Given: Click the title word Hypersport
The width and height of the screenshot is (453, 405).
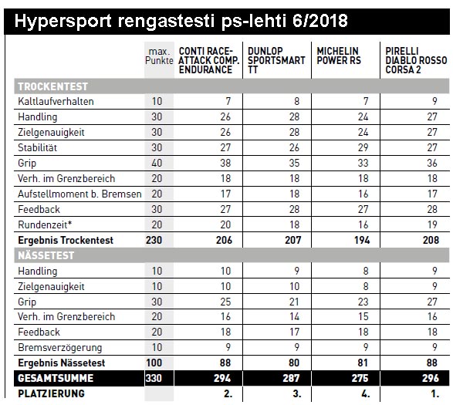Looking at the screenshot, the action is coord(63,22).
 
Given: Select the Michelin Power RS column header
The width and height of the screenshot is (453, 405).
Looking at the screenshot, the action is coord(339,56).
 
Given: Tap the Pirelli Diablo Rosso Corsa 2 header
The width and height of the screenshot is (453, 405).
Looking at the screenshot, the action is coord(416,60).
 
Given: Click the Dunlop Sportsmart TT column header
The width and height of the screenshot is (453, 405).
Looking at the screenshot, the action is coord(276,60).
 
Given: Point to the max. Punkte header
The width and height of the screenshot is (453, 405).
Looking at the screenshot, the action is coord(159,56).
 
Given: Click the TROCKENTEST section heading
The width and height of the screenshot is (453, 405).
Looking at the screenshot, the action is coord(53,86).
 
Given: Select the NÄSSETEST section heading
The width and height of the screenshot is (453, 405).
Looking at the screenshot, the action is coord(46,255).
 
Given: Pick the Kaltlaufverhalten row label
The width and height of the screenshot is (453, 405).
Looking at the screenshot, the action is coord(56,102).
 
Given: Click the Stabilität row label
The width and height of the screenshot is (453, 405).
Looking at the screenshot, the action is coord(38,148).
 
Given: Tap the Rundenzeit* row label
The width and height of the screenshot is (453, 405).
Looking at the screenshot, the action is coord(45,224).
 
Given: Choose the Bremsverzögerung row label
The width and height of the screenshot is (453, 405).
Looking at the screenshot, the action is coord(59,347).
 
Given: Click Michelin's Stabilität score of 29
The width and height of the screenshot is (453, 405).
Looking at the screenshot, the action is coord(363,147).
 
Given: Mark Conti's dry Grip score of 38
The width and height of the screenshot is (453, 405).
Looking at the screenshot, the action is coord(225,163).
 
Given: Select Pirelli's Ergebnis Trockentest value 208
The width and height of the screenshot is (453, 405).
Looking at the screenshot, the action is coord(431,240).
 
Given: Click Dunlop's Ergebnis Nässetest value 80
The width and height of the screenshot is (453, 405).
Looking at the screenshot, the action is coord(294,363).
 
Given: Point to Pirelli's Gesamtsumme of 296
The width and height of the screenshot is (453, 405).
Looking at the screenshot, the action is coord(431,378).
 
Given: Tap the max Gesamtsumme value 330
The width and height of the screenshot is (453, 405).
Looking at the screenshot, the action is coord(154,378).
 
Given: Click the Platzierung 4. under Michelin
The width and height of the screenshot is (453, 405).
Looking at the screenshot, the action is coord(366,393).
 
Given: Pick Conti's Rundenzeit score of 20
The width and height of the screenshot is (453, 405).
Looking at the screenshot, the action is coord(225,224).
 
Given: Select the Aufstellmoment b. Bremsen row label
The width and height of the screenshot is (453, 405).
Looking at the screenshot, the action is coord(79,194).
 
